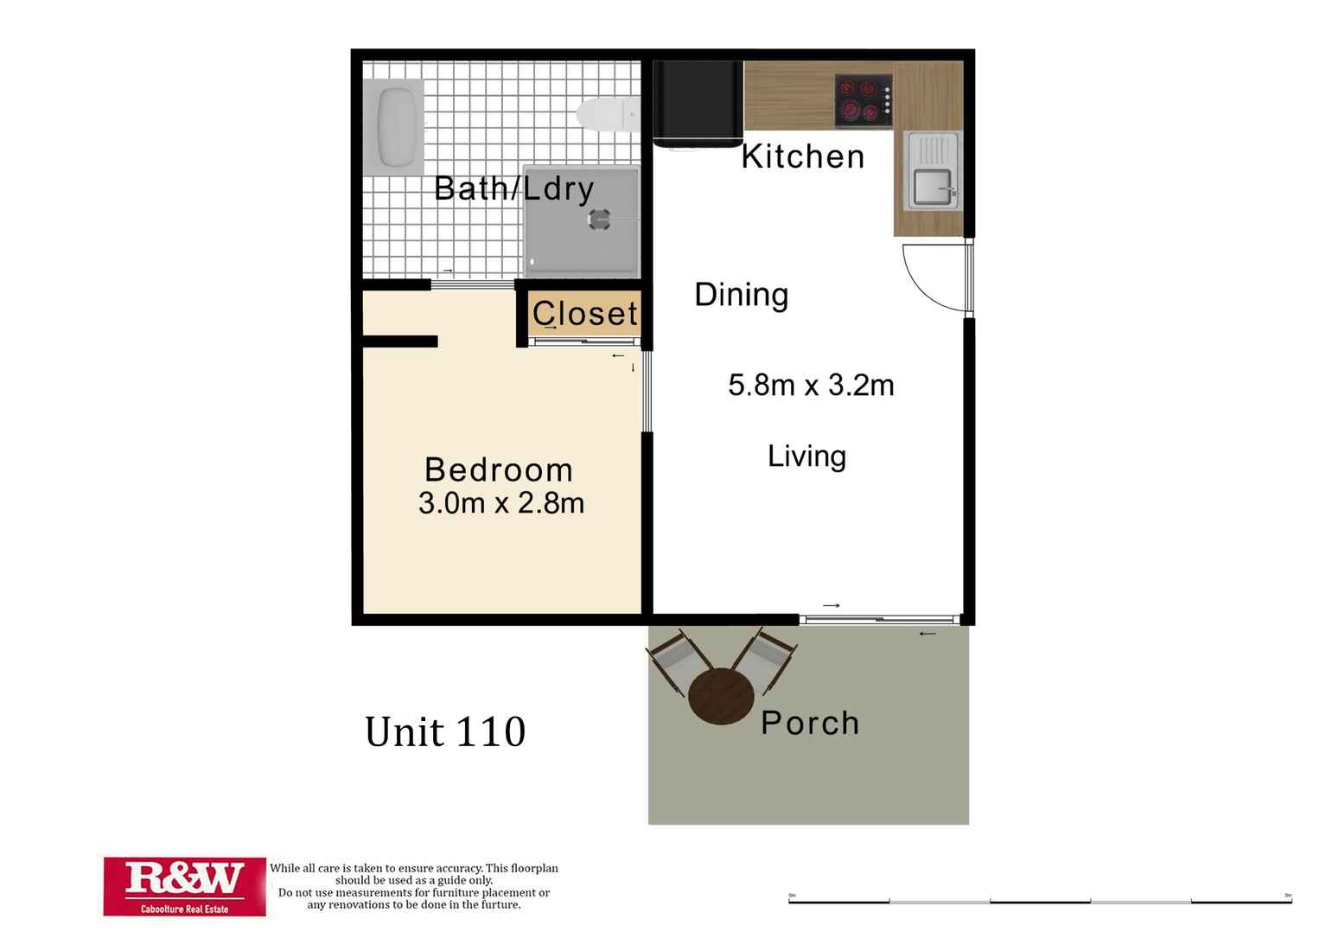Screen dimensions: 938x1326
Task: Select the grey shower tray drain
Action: click(599, 219)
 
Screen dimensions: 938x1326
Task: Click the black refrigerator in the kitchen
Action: click(697, 102)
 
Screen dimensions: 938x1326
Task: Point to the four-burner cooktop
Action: click(863, 100)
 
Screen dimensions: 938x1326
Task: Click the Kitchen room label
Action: click(803, 156)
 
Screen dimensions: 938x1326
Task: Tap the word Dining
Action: click(741, 295)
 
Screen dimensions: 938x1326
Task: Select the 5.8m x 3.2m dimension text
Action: click(811, 385)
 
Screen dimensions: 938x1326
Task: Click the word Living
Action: click(806, 456)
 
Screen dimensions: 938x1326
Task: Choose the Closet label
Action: click(584, 313)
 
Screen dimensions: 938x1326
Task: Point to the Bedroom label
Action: click(499, 469)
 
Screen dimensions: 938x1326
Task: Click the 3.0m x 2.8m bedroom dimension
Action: click(501, 502)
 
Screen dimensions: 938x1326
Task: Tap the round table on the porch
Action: click(721, 696)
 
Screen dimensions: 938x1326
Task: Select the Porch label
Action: click(810, 723)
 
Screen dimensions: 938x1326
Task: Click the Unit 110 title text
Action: click(445, 732)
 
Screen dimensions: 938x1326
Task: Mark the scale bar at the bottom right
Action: click(1040, 901)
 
